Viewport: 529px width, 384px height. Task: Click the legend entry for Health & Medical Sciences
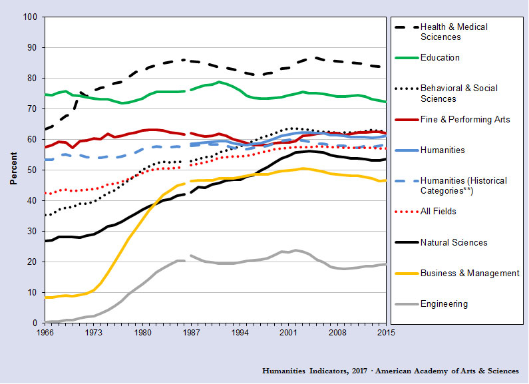pos(454,32)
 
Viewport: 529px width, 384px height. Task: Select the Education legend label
pos(440,58)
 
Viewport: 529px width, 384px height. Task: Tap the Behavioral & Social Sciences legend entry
pos(458,93)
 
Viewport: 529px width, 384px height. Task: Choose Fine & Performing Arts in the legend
pos(465,119)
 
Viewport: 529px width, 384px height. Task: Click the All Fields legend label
pos(439,212)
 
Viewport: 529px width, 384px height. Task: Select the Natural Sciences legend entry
pos(454,243)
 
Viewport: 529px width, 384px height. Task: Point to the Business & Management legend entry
pos(469,274)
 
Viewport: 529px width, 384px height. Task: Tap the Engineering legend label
pos(444,304)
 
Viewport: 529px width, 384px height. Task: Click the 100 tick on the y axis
pos(29,17)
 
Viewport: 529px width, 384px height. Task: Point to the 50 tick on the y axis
pos(31,170)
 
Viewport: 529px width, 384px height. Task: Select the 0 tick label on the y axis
pos(34,323)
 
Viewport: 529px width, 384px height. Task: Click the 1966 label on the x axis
pos(45,333)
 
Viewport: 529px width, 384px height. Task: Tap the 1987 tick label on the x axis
pos(190,333)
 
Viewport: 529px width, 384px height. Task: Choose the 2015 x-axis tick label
pos(386,333)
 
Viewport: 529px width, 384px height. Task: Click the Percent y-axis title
pos(13,170)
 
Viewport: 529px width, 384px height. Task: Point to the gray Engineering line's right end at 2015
pos(386,264)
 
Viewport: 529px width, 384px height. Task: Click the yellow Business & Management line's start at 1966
pos(45,297)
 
